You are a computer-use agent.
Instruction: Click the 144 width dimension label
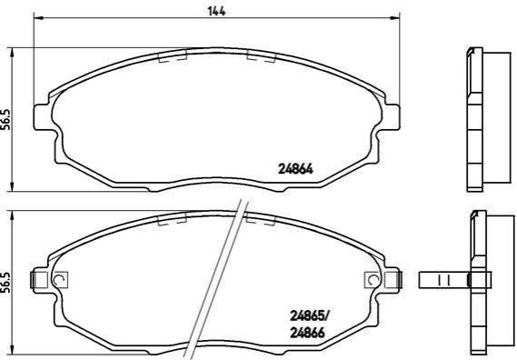click(x=216, y=11)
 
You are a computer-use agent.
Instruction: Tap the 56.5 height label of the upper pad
click(x=7, y=119)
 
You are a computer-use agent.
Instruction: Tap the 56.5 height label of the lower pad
click(x=6, y=283)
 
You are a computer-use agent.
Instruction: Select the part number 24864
click(x=295, y=169)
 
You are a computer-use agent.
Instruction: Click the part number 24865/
click(x=309, y=316)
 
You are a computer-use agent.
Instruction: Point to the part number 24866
click(x=307, y=333)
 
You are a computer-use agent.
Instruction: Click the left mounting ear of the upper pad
click(x=44, y=117)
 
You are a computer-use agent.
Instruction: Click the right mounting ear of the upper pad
click(x=390, y=117)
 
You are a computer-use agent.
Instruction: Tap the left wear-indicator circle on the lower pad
click(x=60, y=280)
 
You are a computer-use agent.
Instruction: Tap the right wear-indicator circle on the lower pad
click(x=373, y=280)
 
